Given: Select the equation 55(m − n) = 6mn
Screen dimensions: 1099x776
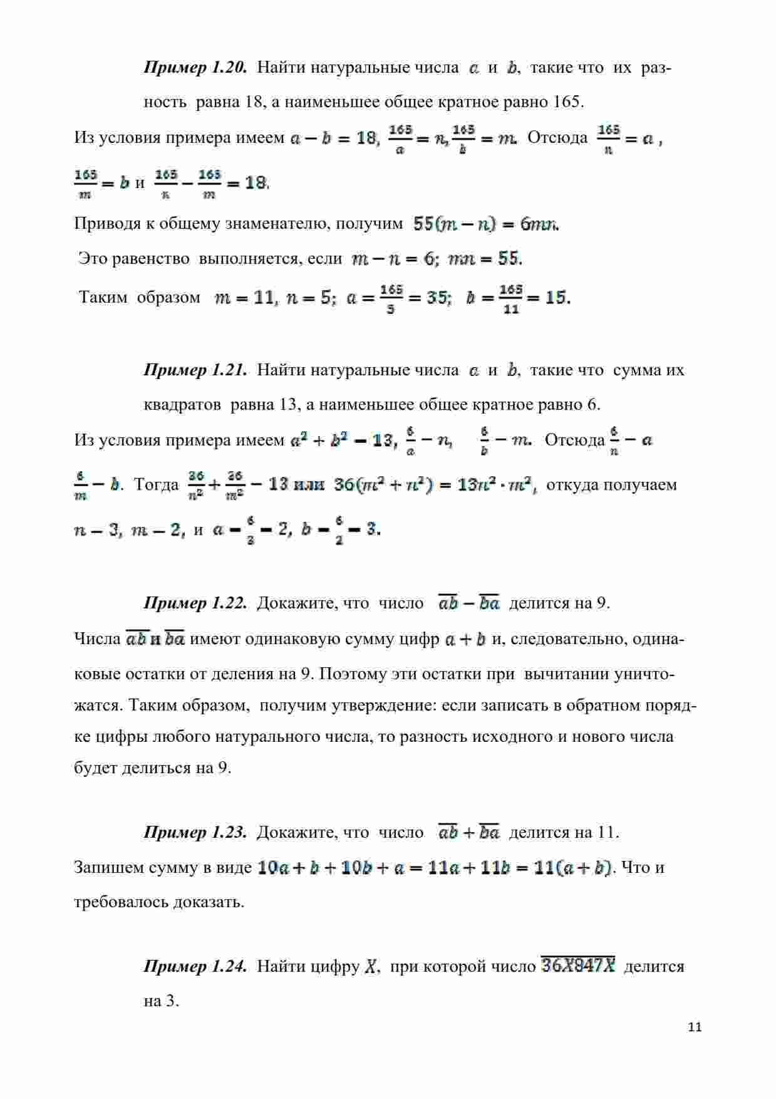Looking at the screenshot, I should [x=485, y=224].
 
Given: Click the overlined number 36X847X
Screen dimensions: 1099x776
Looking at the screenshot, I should [x=578, y=965].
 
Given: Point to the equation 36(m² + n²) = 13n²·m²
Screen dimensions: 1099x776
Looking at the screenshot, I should [x=435, y=484].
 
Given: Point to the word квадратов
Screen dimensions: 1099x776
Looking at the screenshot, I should [x=182, y=405].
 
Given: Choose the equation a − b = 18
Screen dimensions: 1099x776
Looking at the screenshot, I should [x=334, y=138].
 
